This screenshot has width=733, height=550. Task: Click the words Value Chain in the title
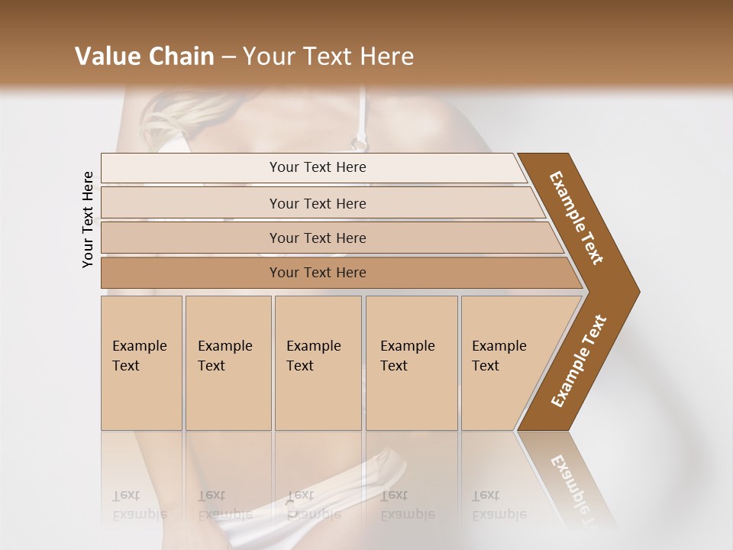tap(144, 57)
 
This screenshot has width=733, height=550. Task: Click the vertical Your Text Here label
tap(88, 219)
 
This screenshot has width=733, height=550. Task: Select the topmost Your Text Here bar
tap(318, 167)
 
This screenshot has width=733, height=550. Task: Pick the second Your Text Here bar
tap(318, 203)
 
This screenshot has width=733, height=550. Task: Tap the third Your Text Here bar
tap(318, 238)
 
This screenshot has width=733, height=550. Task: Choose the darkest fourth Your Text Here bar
tap(318, 273)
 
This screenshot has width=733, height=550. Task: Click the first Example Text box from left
tap(141, 363)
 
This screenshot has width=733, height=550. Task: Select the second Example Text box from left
tap(228, 363)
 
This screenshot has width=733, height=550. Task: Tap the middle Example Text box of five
tap(317, 363)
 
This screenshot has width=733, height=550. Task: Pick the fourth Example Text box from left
tap(411, 363)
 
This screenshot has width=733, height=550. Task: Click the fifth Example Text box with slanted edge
tap(504, 363)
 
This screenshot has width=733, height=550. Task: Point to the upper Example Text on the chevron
tap(577, 218)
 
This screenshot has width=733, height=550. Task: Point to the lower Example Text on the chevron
tap(579, 361)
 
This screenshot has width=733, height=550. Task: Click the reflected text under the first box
tap(138, 505)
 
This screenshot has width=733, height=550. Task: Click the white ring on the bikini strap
tap(358, 141)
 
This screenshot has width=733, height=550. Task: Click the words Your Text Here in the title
tap(328, 57)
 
